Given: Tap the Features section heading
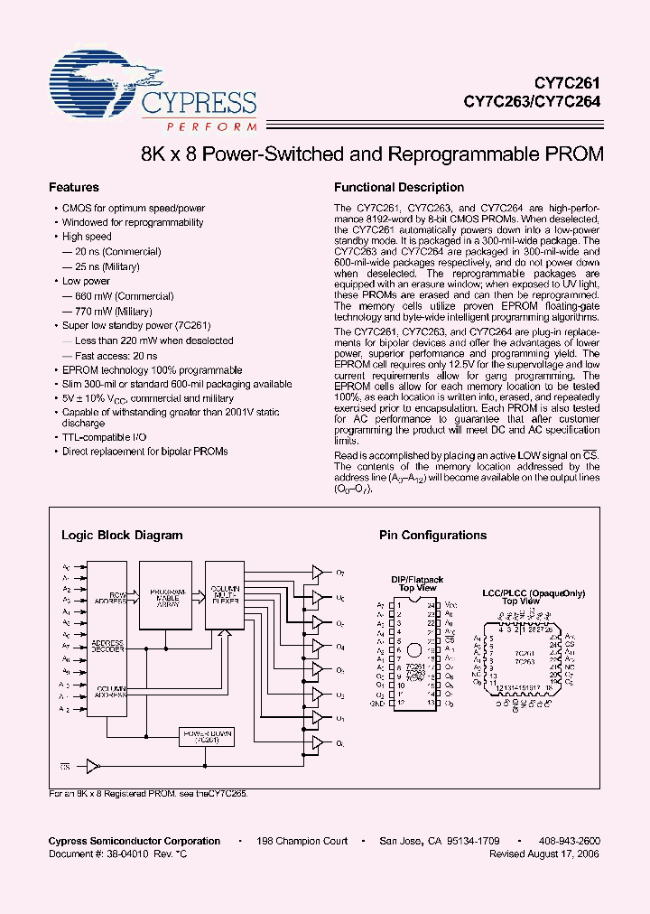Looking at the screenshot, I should pyautogui.click(x=73, y=188).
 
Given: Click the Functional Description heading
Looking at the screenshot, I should pyautogui.click(x=399, y=188).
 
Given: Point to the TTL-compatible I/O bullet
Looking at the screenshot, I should pyautogui.click(x=103, y=436).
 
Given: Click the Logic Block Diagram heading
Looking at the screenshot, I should pyautogui.click(x=122, y=535).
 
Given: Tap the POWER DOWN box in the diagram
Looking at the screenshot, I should pyautogui.click(x=207, y=736).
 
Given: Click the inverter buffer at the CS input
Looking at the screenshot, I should pyautogui.click(x=93, y=766).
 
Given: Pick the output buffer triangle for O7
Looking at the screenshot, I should pyautogui.click(x=317, y=572).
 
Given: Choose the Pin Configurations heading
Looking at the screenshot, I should pyautogui.click(x=432, y=535).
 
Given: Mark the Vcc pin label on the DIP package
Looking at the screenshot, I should pyautogui.click(x=452, y=602).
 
